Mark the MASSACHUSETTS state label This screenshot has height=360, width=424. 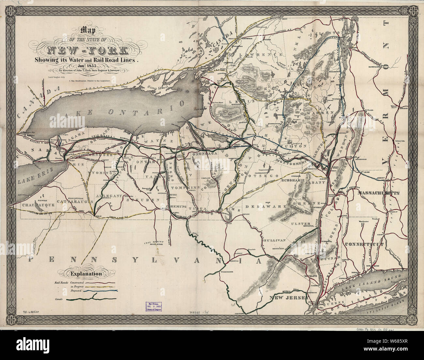pyautogui.click(x=379, y=193)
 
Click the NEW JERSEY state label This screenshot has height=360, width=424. pyautogui.click(x=287, y=298)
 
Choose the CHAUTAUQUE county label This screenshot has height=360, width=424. pyautogui.click(x=38, y=206)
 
